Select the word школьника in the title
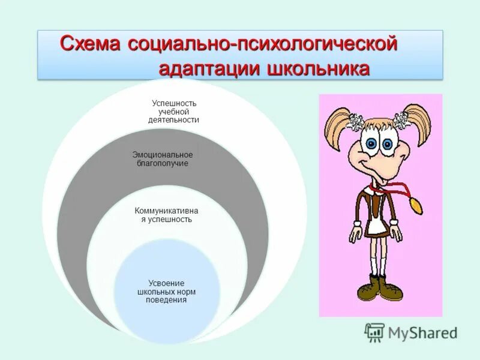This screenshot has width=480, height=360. coord(316,69)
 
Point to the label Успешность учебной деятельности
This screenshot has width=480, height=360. coord(173,112)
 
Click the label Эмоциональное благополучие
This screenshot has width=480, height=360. coord(163,159)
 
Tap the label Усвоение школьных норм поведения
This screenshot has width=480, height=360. coord(166,291)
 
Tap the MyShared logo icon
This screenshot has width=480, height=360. coord(375,331)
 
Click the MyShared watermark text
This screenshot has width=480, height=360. coord(422,332)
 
